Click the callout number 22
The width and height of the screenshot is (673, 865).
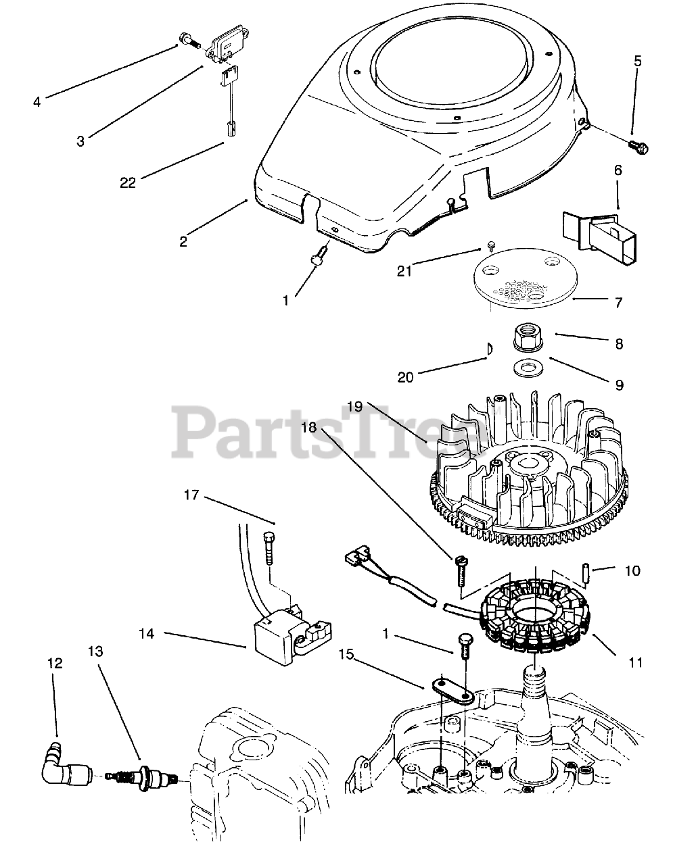coord(128,182)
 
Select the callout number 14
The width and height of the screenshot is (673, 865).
coord(147,634)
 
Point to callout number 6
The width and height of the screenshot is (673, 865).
coord(618,172)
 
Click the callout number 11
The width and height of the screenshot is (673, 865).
coord(635,662)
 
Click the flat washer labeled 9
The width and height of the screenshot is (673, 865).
coord(522,369)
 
